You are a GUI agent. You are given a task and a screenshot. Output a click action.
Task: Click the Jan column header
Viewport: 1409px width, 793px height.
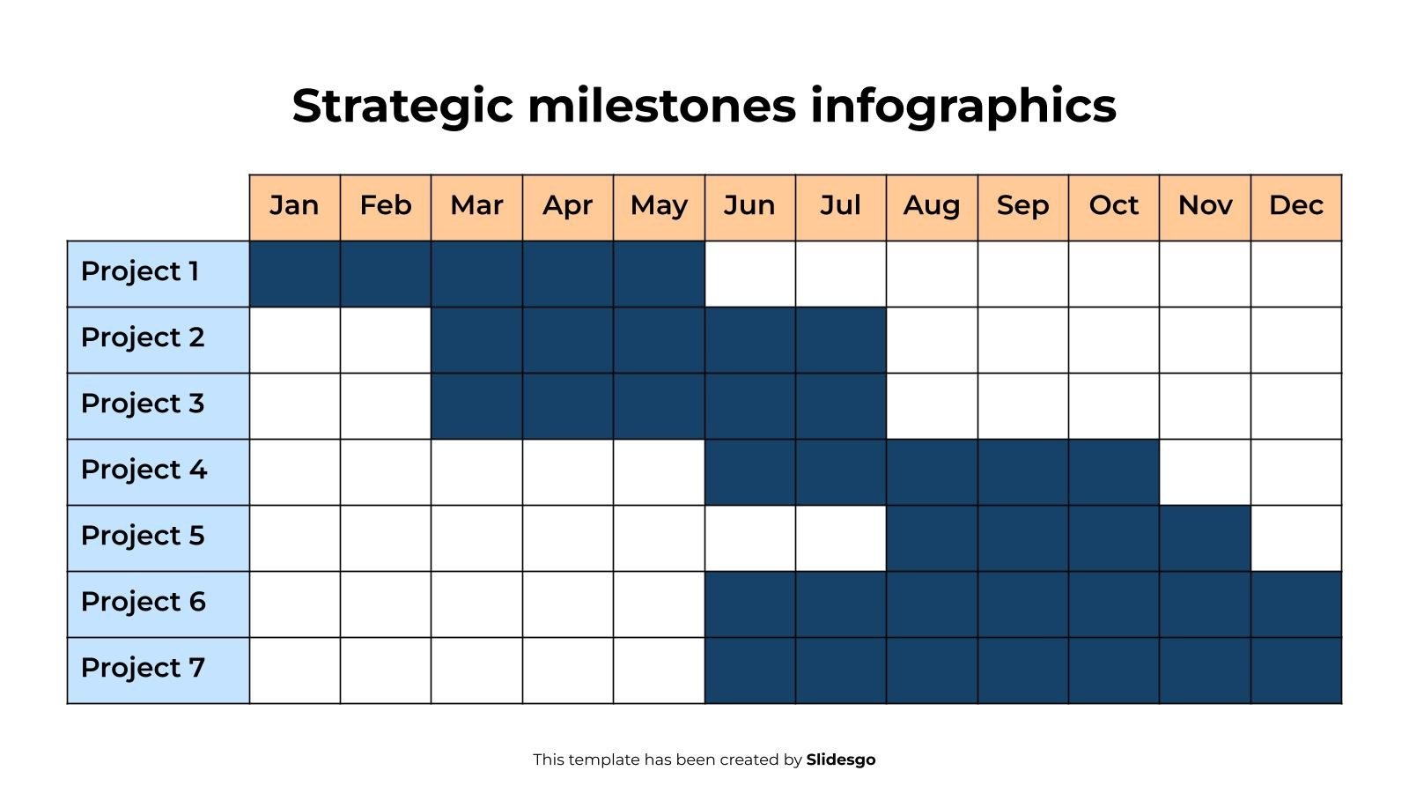294,206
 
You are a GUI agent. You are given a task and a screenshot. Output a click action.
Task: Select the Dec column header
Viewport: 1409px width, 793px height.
1295,206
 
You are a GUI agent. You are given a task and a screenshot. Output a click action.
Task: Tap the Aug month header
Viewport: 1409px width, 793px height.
931,206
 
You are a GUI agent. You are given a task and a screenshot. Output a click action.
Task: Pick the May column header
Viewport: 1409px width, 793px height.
659,206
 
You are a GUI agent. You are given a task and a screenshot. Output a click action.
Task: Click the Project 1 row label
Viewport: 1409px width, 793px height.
141,272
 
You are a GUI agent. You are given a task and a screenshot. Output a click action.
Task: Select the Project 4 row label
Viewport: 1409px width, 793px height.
144,471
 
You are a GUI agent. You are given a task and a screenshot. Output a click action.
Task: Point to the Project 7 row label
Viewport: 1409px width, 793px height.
143,669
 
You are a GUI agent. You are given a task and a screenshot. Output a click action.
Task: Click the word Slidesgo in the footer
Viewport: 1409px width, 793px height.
840,760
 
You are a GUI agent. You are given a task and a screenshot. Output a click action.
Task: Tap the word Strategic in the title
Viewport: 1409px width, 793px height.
402,106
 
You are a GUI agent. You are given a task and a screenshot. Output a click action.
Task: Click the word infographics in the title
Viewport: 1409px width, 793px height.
963,106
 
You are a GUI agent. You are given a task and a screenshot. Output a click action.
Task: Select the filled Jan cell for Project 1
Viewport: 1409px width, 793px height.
294,274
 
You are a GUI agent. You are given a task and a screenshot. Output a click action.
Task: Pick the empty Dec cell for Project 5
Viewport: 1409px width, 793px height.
1295,538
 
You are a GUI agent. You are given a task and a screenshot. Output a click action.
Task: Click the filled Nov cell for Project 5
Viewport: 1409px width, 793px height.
1205,538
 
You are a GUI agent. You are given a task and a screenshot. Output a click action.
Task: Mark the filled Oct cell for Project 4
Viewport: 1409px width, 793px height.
1113,472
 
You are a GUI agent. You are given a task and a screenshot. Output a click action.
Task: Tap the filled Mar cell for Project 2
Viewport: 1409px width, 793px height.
476,340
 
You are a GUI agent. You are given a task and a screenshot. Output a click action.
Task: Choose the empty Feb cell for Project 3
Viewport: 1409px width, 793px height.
386,406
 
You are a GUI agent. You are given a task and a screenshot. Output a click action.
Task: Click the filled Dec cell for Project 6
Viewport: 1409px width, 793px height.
1295,604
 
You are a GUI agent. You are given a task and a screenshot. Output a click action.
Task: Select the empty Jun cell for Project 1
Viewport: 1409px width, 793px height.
749,274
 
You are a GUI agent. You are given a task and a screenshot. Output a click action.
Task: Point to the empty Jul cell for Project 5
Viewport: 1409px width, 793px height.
840,538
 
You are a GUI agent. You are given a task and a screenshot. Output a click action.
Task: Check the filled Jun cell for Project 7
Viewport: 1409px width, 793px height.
749,671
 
